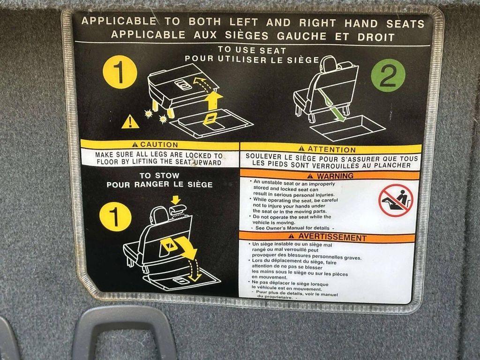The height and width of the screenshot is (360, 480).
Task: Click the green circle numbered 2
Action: coord(388,75)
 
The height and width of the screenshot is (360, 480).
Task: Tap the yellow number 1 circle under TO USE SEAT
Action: coord(120,72)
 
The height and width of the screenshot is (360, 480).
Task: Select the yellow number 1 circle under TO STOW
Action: coord(115,217)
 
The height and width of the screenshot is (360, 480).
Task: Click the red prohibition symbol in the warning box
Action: coord(396,201)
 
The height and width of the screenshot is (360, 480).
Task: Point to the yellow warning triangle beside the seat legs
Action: coord(130,122)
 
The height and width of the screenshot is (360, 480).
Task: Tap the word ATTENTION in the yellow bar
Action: coord(331,150)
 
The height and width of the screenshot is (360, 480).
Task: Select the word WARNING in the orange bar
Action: coord(335,176)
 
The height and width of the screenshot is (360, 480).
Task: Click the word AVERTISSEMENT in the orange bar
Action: coord(332,237)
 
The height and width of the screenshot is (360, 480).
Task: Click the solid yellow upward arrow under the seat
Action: coord(213,101)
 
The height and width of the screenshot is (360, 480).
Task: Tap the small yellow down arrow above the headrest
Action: coord(175,200)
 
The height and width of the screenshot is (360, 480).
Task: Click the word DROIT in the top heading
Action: coord(376,37)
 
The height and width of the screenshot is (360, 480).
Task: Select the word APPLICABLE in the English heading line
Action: coord(119,21)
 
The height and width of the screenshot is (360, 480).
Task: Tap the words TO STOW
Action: coord(159,176)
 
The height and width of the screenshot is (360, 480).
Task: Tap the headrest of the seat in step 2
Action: coord(328,64)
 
